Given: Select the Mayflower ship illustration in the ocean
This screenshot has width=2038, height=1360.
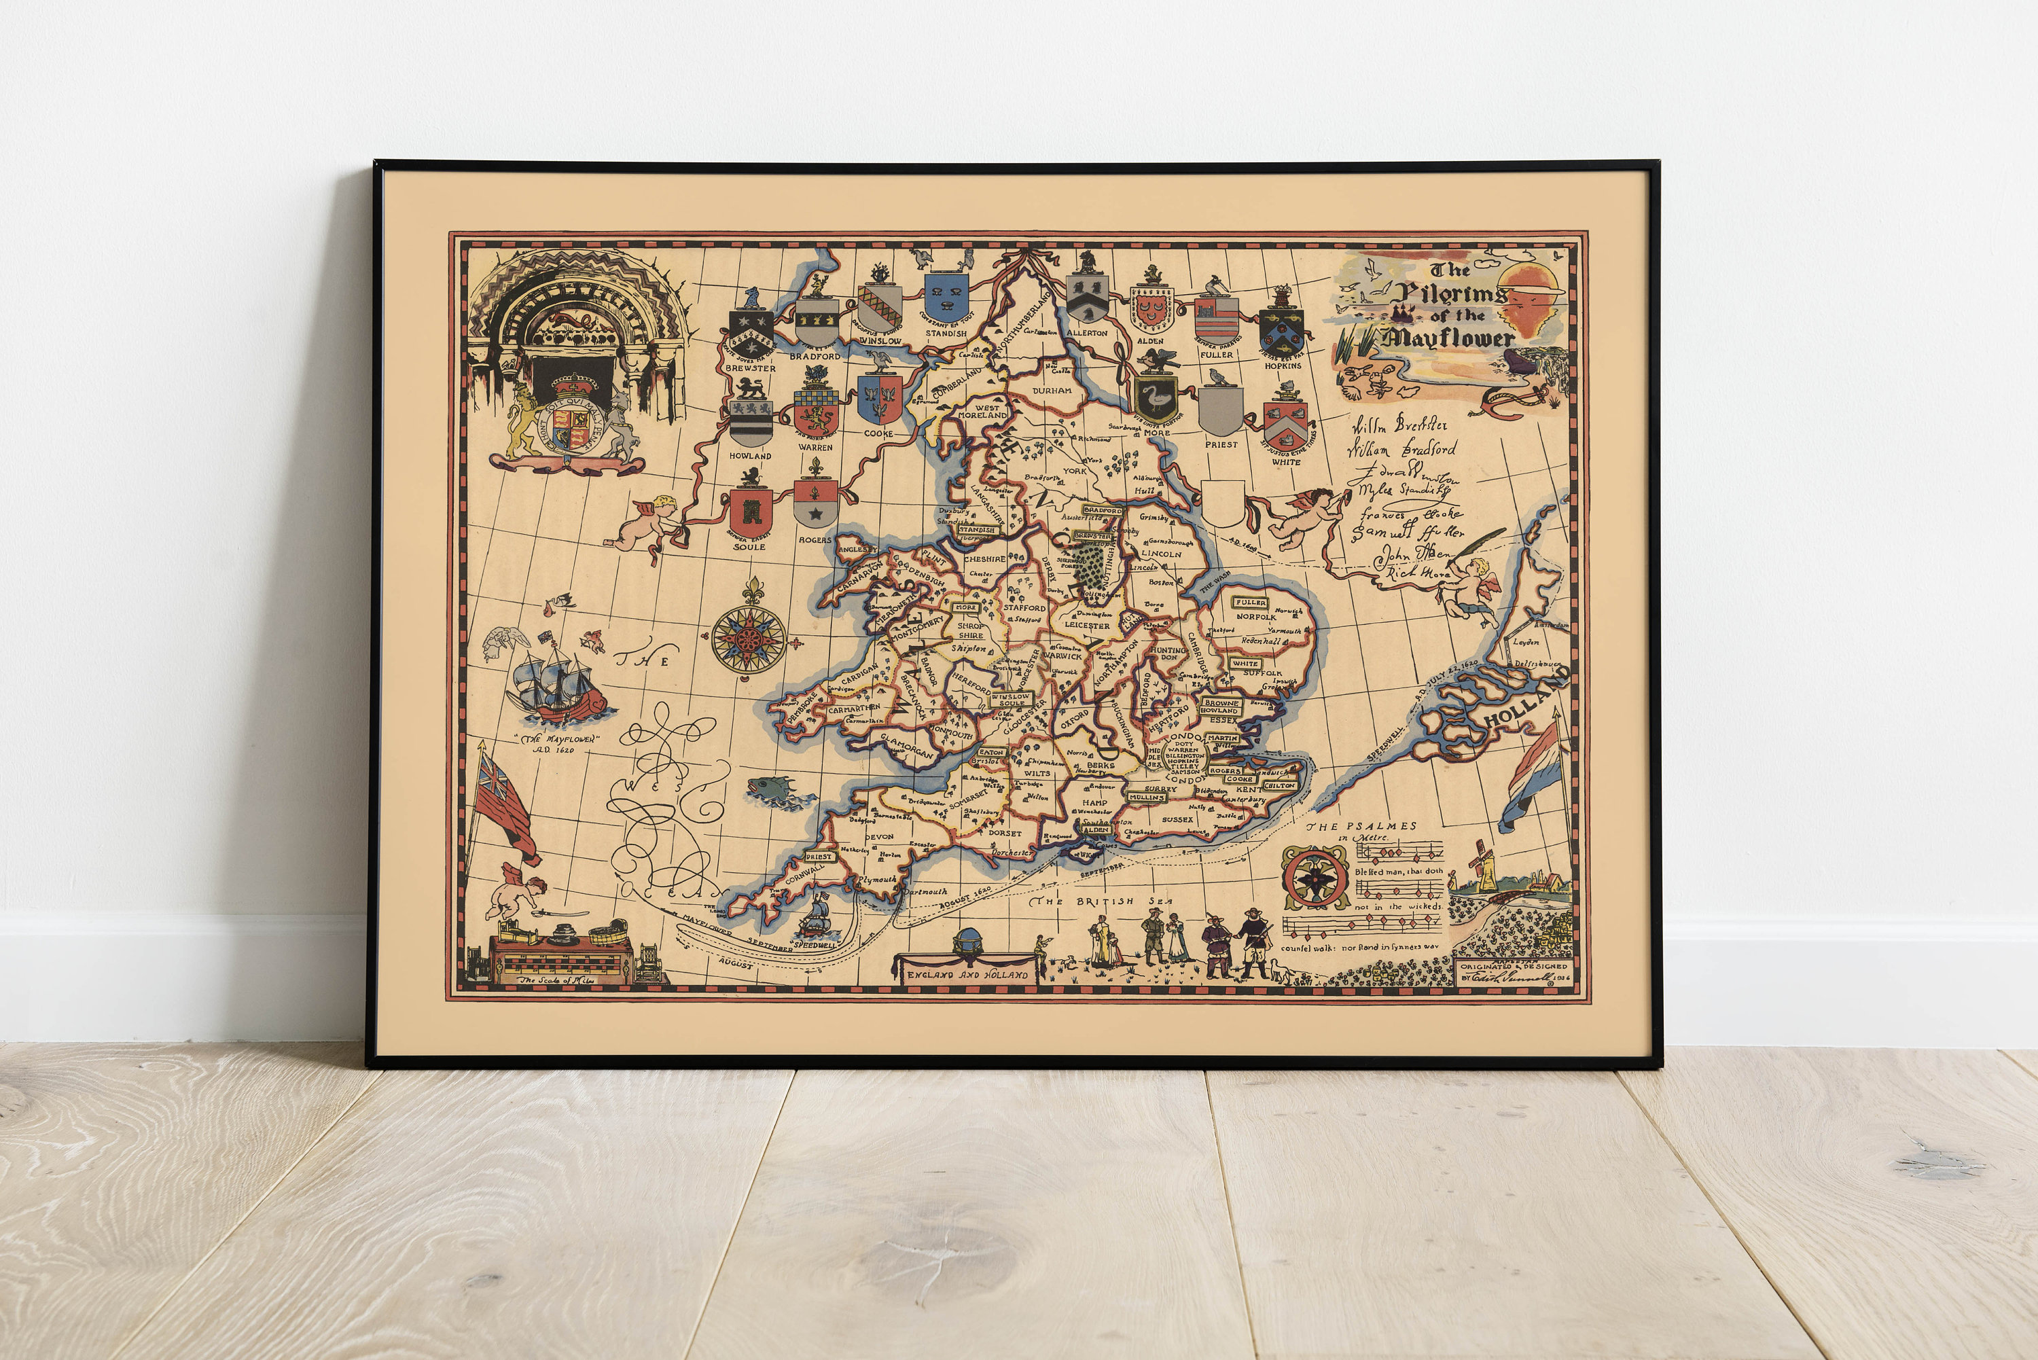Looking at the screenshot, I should (x=558, y=690).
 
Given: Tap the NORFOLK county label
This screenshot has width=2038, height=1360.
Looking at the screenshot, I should (x=1256, y=617).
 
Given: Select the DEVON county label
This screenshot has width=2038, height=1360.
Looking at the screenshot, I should (x=879, y=837).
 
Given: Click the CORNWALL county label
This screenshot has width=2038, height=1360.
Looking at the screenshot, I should (x=804, y=872).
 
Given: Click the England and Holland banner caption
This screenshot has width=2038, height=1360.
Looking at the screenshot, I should (x=967, y=974).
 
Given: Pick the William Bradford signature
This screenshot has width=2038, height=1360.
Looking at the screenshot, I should (x=1401, y=449).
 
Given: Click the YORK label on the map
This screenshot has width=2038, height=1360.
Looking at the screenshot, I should (x=1075, y=471).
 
